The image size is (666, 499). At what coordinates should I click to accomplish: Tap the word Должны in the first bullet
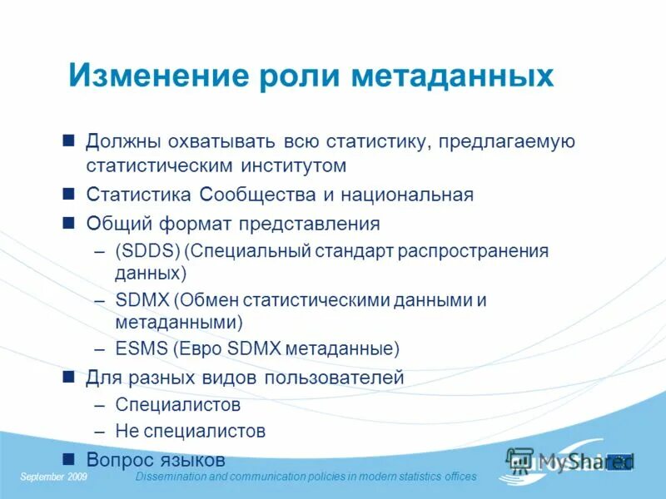[126, 141]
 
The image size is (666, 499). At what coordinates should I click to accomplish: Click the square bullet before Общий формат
[70, 223]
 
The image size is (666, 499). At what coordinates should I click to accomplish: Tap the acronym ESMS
[140, 348]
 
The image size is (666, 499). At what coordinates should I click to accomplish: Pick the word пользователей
[334, 378]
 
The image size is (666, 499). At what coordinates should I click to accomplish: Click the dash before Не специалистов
[100, 431]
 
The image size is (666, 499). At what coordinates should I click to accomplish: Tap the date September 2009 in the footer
[54, 477]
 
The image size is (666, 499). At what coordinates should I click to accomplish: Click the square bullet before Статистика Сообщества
[70, 195]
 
